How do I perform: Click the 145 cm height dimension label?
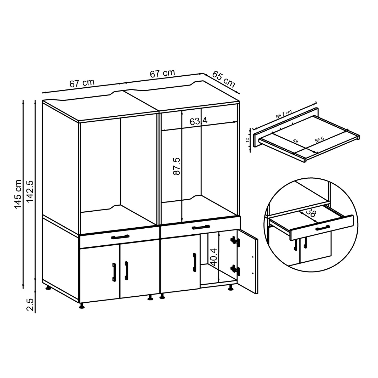click(x=18, y=194)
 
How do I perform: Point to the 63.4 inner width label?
click(x=199, y=121)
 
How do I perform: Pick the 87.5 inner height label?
click(x=177, y=166)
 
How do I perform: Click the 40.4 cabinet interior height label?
click(x=214, y=257)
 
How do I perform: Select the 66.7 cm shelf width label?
click(x=284, y=114)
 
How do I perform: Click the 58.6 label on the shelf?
click(x=319, y=140)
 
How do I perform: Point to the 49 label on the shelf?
click(x=296, y=141)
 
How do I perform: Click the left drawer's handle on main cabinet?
click(x=120, y=237)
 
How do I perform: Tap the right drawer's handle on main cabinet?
click(x=201, y=227)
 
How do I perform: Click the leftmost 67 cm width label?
click(x=82, y=83)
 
